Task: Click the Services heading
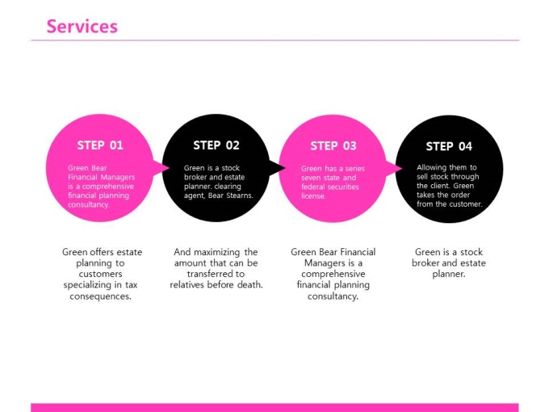pyautogui.click(x=82, y=27)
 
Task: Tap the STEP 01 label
pyautogui.click(x=100, y=145)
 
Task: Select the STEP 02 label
pyautogui.click(x=216, y=145)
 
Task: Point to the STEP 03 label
pyautogui.click(x=333, y=145)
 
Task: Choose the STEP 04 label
pyautogui.click(x=449, y=146)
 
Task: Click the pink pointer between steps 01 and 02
pyautogui.click(x=161, y=168)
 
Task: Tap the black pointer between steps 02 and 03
pyautogui.click(x=277, y=168)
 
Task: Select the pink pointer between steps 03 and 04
pyautogui.click(x=394, y=169)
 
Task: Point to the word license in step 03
pyautogui.click(x=313, y=196)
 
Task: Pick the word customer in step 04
pyautogui.click(x=464, y=204)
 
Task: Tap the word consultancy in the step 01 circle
pyautogui.click(x=89, y=204)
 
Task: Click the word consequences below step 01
pyautogui.click(x=100, y=296)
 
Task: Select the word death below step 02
pyautogui.click(x=250, y=284)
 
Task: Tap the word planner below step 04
pyautogui.click(x=449, y=274)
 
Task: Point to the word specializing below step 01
pyautogui.click(x=87, y=285)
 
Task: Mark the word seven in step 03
pyautogui.click(x=311, y=178)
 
